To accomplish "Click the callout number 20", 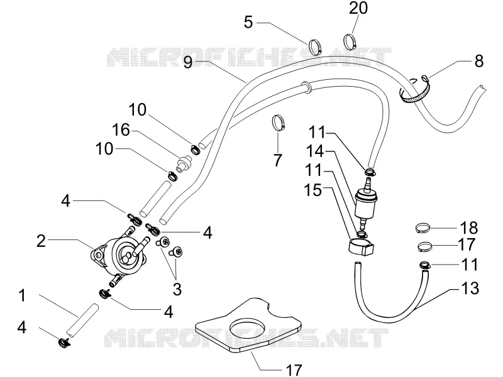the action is [358, 8].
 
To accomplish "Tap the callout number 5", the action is [248, 23].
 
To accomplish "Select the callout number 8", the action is [478, 61].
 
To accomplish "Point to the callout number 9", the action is [188, 62].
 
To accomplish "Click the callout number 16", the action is [121, 130].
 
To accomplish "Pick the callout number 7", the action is [277, 160].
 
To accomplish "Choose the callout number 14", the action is [315, 151].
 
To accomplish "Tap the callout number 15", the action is [312, 190].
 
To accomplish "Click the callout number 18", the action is [469, 227].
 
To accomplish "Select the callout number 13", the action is [470, 288].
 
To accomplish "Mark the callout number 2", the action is [41, 241].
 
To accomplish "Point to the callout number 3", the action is [177, 289].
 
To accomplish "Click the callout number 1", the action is [22, 295].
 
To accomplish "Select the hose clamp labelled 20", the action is [350, 41].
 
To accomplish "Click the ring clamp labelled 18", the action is [423, 228].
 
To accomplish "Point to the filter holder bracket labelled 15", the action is [361, 246].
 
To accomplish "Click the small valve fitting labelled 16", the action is [184, 162].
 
